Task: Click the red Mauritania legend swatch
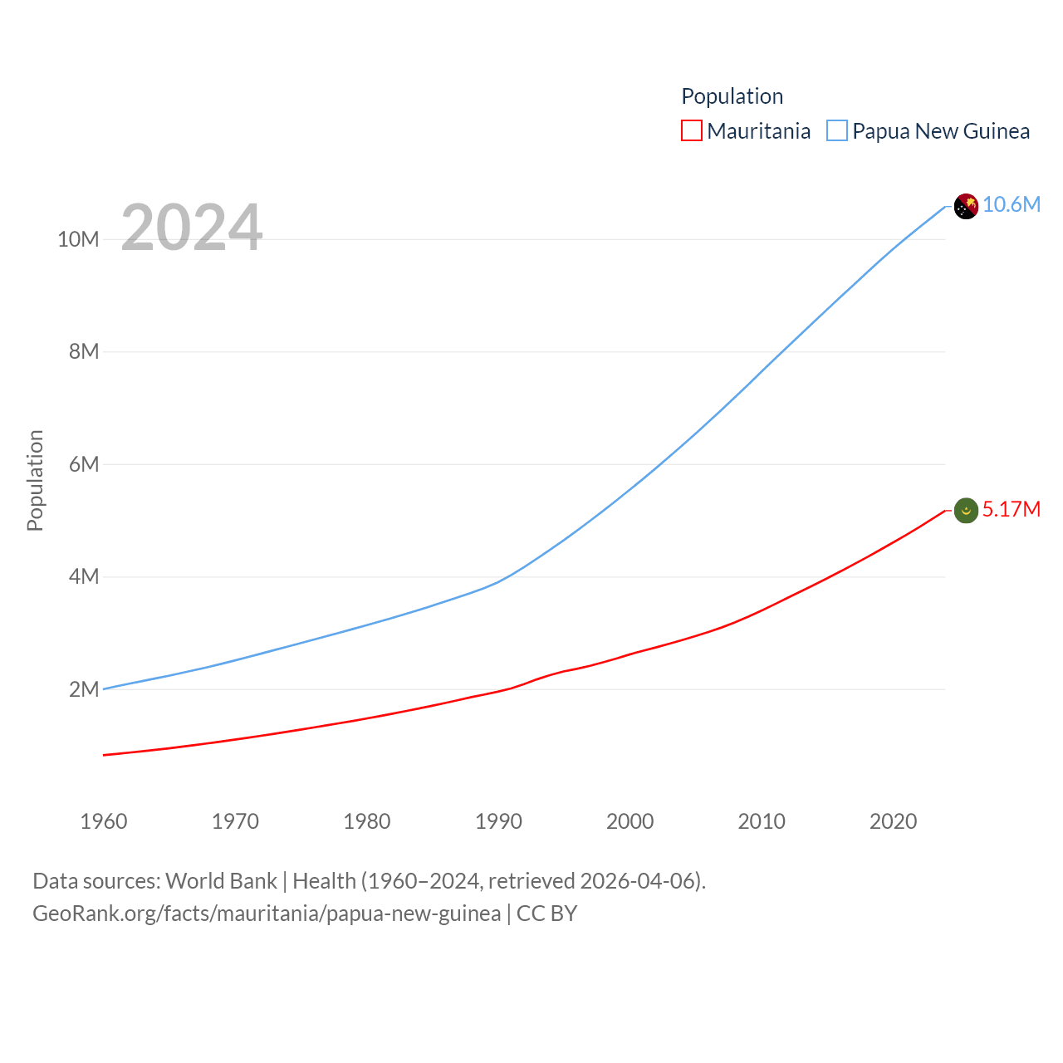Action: pos(692,131)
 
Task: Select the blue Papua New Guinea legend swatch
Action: pos(837,131)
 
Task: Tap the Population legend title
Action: pos(732,96)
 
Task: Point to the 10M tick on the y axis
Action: pos(78,240)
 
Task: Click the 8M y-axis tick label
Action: pos(84,352)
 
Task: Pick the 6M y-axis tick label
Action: pos(84,464)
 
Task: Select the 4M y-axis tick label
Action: pos(84,576)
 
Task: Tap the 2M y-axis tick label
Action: pos(84,689)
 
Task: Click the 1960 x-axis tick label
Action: pos(104,821)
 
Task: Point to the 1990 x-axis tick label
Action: pos(498,821)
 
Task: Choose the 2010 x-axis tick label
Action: pos(762,821)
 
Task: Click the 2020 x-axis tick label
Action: pos(893,821)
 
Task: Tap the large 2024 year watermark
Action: pos(192,228)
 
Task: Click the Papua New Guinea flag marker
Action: pos(966,206)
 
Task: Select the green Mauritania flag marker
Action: pos(966,510)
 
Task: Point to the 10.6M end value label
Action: pos(1012,205)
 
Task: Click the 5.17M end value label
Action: pos(1012,509)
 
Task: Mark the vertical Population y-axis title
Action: pos(35,480)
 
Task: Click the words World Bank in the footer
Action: pos(221,881)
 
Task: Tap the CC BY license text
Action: pos(546,914)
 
